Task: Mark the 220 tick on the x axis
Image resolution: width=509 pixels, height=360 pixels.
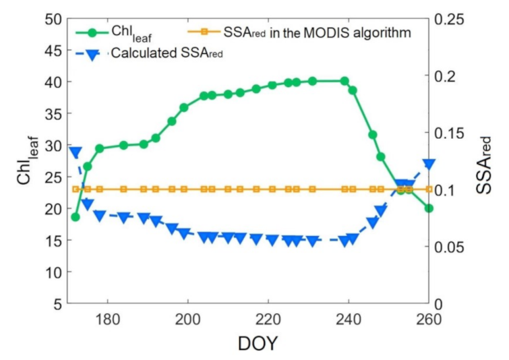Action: pyautogui.click(x=268, y=319)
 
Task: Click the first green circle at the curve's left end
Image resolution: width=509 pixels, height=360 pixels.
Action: pyautogui.click(x=76, y=217)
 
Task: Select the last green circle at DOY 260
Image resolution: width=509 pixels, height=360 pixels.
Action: pyautogui.click(x=429, y=208)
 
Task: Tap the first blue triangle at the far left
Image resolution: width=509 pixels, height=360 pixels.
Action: pyautogui.click(x=76, y=153)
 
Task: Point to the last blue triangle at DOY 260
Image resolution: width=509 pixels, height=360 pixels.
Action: pyautogui.click(x=429, y=164)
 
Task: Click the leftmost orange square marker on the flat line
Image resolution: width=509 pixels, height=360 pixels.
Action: pyautogui.click(x=76, y=189)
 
